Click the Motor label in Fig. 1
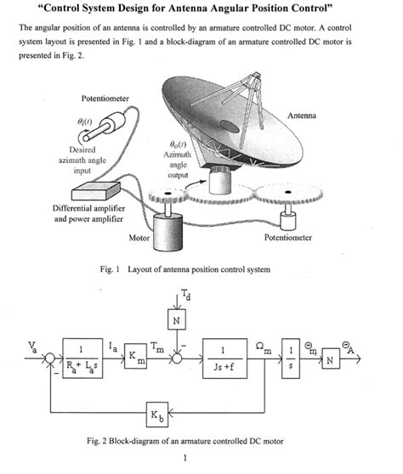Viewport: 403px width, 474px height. pyautogui.click(x=139, y=239)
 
